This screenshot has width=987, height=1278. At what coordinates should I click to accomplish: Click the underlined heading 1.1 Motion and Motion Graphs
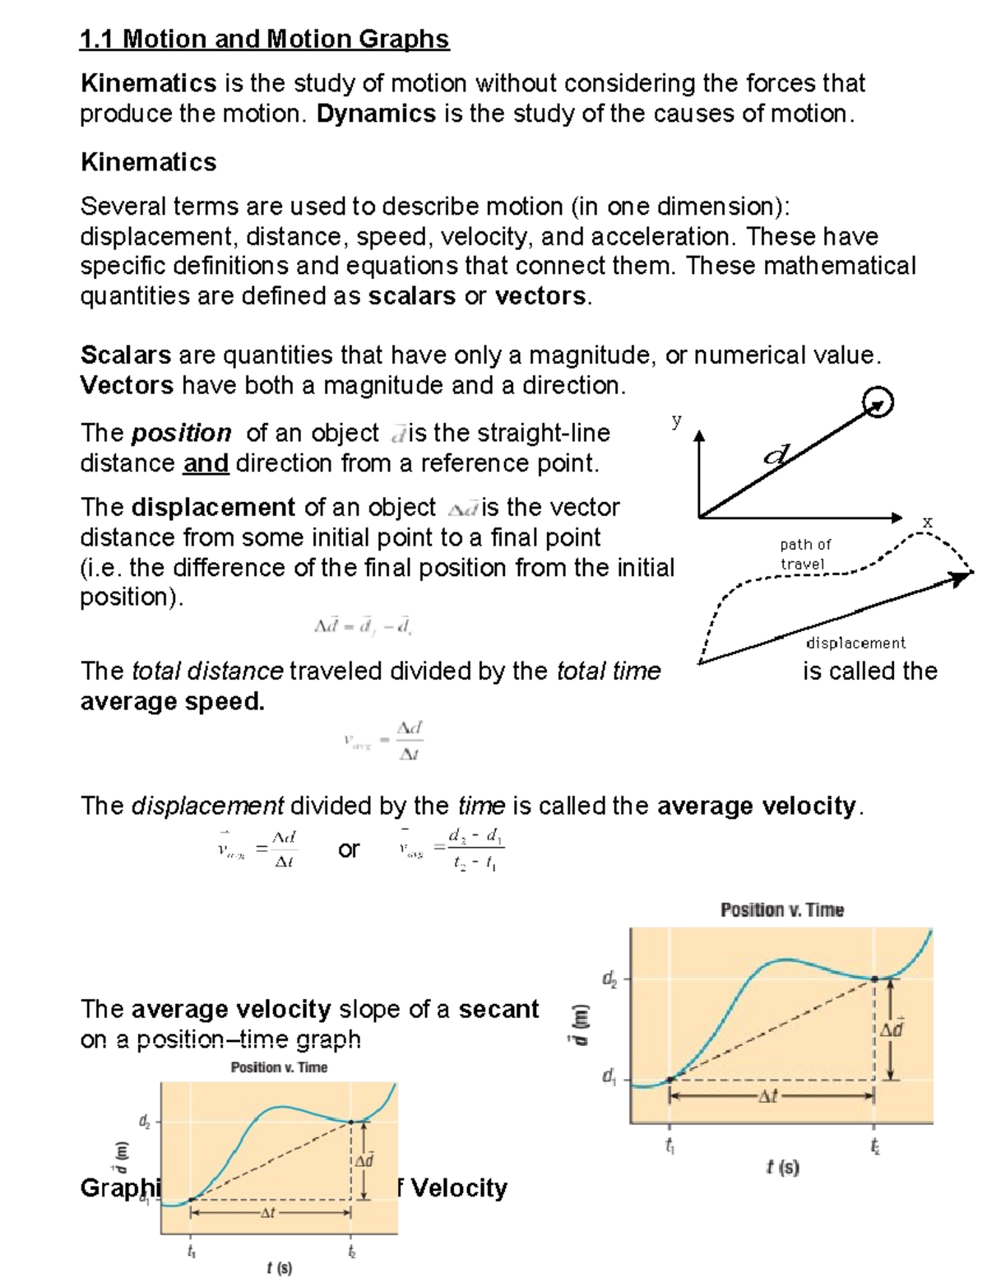click(x=264, y=39)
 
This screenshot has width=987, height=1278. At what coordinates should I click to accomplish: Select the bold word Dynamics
click(x=376, y=114)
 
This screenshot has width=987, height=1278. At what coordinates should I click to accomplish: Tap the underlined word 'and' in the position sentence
click(x=206, y=463)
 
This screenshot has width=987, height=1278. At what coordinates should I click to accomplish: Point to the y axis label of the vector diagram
click(x=676, y=420)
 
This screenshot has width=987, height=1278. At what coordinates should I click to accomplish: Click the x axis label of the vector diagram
click(x=928, y=522)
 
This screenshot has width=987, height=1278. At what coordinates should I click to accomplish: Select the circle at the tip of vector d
click(x=878, y=403)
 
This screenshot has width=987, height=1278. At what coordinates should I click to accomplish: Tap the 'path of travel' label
click(x=804, y=554)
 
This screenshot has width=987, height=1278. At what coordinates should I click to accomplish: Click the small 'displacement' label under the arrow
click(x=855, y=643)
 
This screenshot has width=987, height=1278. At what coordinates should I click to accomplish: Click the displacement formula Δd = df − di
click(x=363, y=626)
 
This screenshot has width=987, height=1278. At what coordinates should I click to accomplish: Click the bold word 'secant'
click(x=498, y=1009)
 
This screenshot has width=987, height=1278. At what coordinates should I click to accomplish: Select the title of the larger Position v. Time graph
click(x=781, y=909)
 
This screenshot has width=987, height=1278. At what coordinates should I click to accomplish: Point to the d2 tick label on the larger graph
click(x=609, y=978)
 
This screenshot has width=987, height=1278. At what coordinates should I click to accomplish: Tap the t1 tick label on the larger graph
click(x=670, y=1145)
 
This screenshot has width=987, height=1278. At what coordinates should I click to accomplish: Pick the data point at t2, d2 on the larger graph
click(x=874, y=978)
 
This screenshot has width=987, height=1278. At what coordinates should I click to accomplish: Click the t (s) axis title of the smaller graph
click(x=280, y=1268)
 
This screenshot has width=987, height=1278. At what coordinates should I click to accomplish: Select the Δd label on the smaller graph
click(x=364, y=1160)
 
